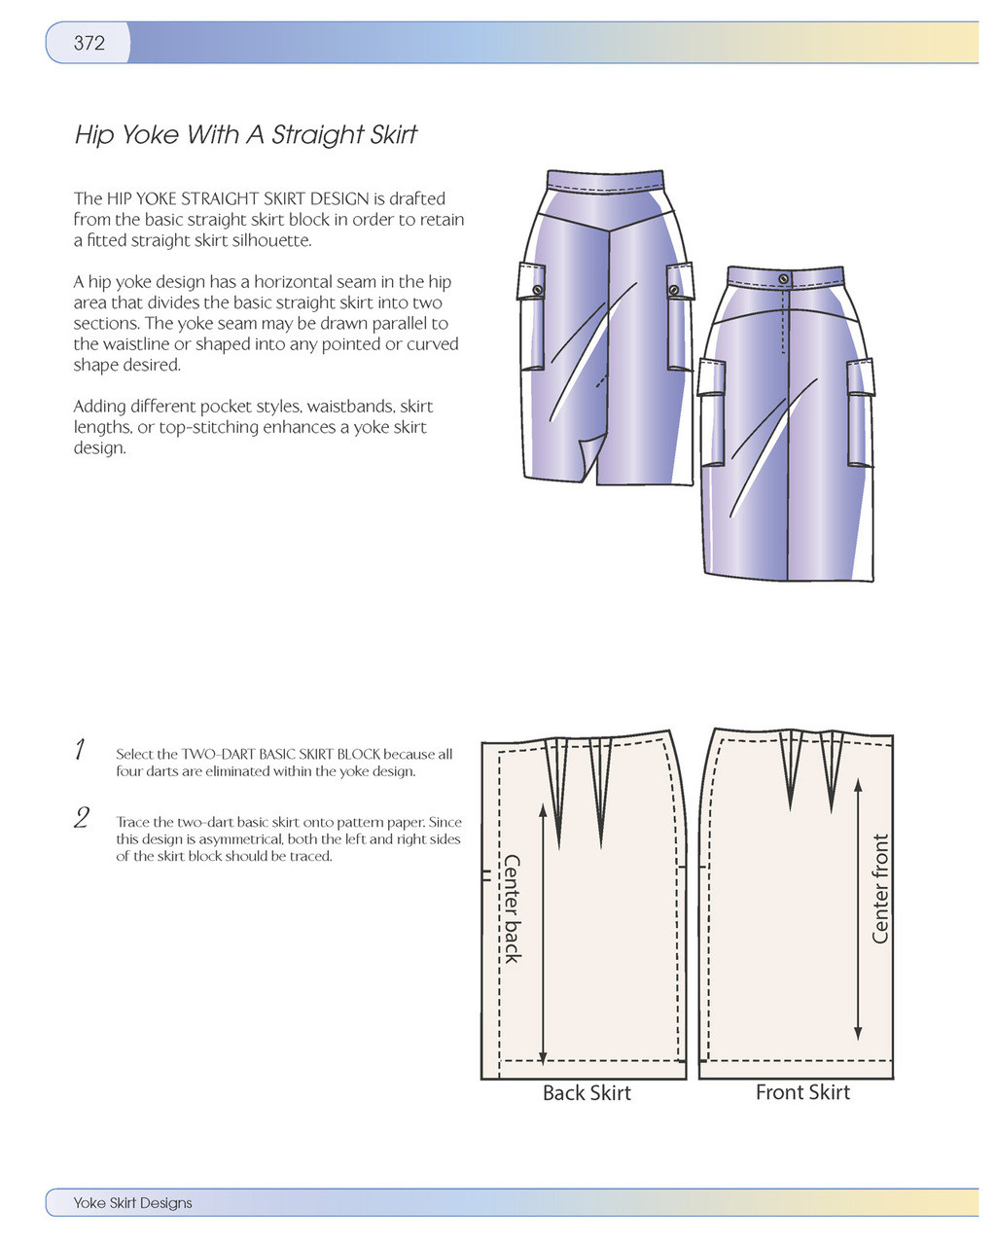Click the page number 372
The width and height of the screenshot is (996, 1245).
point(89,43)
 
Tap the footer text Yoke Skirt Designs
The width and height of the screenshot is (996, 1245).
point(132,1203)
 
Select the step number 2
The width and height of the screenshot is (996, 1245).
point(83,819)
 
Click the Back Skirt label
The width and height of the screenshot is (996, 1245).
point(587,1093)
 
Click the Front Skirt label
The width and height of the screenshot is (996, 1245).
point(802,1092)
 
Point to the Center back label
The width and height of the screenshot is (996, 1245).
point(513,908)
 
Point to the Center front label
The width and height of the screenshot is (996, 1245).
point(880,888)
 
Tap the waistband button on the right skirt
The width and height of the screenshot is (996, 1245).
point(784,279)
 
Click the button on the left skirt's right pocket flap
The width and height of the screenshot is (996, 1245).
point(673,290)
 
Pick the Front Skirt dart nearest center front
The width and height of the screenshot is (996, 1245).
point(832,773)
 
